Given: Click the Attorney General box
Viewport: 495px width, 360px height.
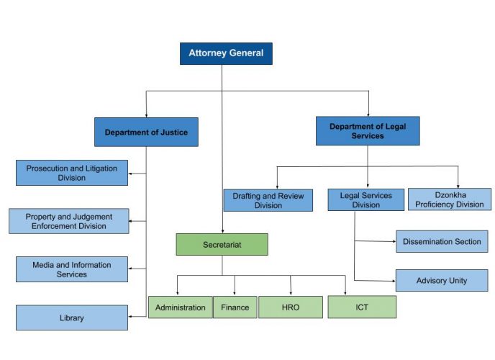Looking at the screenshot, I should click(226, 53).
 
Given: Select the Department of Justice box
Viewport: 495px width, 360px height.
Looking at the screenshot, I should click(146, 132).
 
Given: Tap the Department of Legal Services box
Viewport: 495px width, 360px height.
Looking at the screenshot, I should click(368, 131).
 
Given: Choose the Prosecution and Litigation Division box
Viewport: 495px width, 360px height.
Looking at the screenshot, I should click(72, 173).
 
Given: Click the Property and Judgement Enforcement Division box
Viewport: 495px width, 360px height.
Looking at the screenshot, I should click(69, 221).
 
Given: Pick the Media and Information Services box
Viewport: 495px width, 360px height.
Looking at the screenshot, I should click(72, 269).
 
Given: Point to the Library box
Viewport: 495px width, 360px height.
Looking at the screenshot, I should click(72, 318).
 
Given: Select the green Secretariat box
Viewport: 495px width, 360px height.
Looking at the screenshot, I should click(222, 245).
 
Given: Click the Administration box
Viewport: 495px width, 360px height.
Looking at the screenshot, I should click(181, 307).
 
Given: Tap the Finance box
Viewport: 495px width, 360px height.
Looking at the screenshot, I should click(235, 307).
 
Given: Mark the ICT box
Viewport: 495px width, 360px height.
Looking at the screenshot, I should click(362, 307).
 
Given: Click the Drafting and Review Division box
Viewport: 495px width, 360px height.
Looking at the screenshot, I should click(268, 200).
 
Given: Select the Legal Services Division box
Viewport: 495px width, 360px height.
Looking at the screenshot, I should click(366, 200).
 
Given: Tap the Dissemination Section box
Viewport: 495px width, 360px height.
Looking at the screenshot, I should click(442, 241).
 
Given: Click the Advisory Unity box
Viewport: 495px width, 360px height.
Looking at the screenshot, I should click(442, 280).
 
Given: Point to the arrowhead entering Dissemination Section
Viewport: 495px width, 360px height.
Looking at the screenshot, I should click(393, 241).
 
